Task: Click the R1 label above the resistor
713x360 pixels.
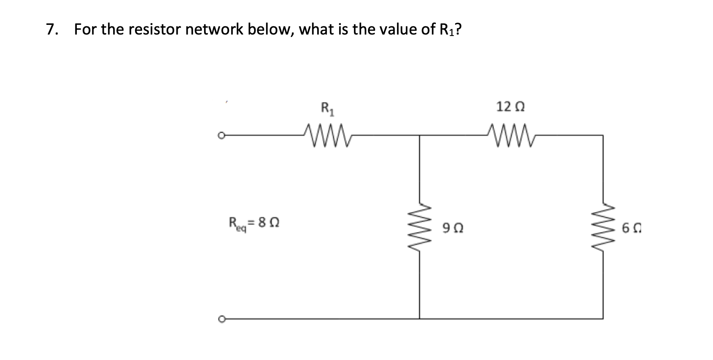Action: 327,109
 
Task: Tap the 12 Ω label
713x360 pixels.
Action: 510,107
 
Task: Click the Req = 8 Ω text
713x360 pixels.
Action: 254,224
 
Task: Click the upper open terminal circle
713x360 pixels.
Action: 221,136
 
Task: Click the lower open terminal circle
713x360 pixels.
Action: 221,319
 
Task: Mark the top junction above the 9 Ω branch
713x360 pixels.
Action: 420,136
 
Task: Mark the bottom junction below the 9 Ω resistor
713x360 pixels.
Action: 420,318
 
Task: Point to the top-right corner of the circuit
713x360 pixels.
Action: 603,136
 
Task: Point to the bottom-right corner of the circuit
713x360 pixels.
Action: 603,318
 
